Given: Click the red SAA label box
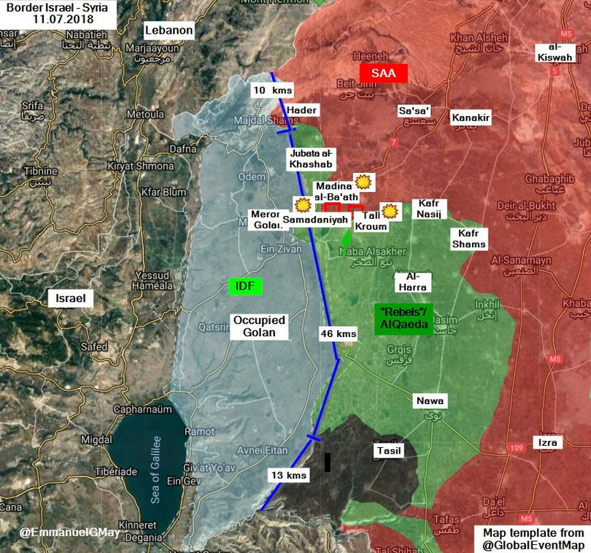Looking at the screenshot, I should (384, 74).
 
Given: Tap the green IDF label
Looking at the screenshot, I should (245, 286).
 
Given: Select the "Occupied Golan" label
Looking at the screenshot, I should (259, 326).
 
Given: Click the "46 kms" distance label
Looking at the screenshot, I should (339, 333).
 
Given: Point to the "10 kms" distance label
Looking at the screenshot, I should (271, 90).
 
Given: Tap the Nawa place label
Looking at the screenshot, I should (430, 401).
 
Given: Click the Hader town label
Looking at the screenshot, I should (302, 109).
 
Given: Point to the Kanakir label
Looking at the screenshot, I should (471, 117).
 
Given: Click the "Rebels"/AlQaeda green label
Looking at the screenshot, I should (404, 319).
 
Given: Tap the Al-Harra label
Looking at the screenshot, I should (411, 282).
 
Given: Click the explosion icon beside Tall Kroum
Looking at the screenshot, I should (390, 211).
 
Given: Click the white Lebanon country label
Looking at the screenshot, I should (169, 31).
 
